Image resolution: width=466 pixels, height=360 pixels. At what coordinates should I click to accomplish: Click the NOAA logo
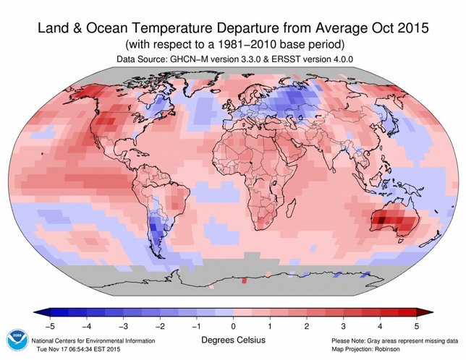(x=15, y=341)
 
